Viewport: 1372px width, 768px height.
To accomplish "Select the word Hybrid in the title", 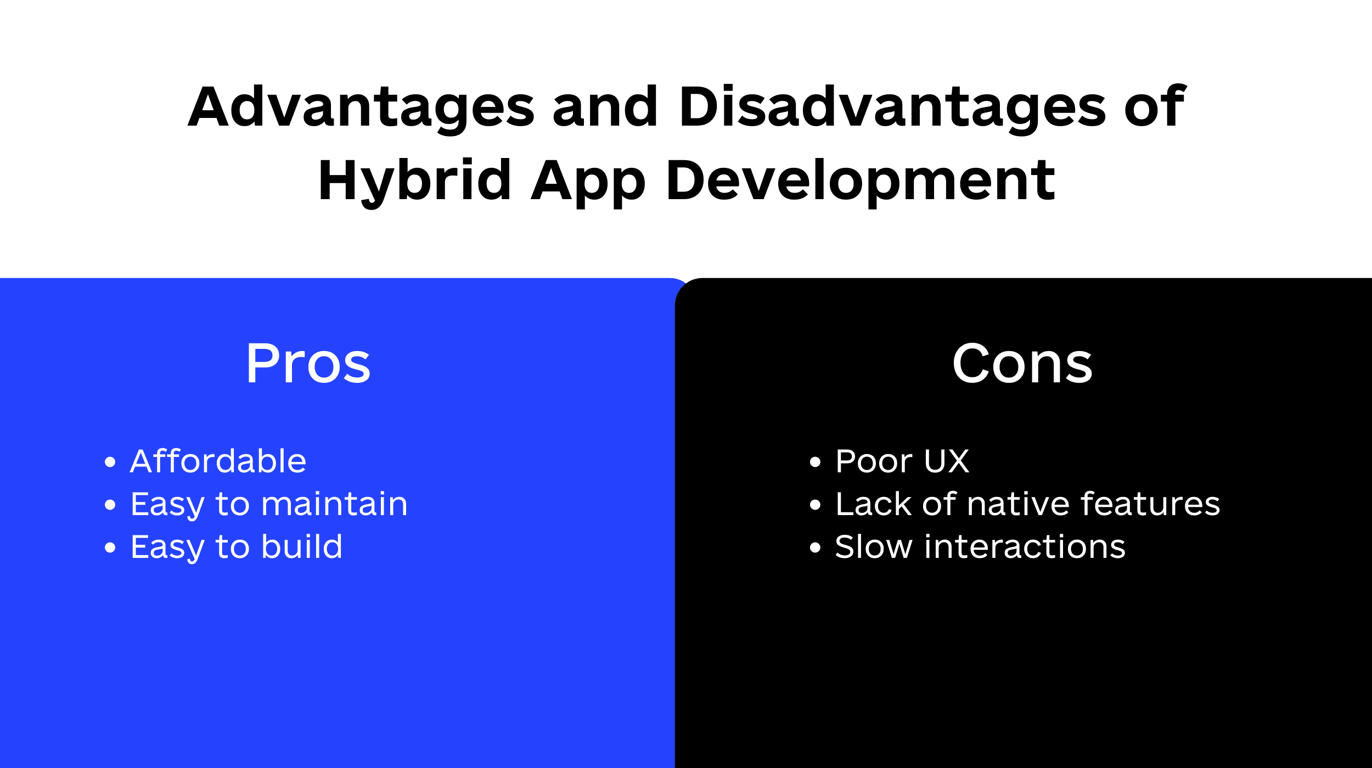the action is (x=415, y=182).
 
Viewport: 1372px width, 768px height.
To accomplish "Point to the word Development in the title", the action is (x=861, y=182).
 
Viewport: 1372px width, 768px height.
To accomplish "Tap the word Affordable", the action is (x=218, y=461).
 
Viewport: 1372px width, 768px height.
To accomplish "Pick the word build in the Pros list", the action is (x=302, y=546).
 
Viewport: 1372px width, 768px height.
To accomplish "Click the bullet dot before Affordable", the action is (x=110, y=462).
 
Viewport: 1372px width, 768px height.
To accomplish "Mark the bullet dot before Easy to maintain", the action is (x=110, y=505).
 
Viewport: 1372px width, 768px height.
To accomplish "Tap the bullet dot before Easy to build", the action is (x=110, y=547).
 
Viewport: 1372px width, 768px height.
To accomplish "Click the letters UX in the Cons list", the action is (x=947, y=461).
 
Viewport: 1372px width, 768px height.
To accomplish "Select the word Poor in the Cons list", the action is (x=874, y=461).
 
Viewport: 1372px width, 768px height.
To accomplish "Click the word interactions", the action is (x=1025, y=546).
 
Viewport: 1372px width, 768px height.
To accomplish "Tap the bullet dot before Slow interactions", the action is (x=815, y=547).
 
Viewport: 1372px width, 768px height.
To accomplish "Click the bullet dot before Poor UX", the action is (x=815, y=462).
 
